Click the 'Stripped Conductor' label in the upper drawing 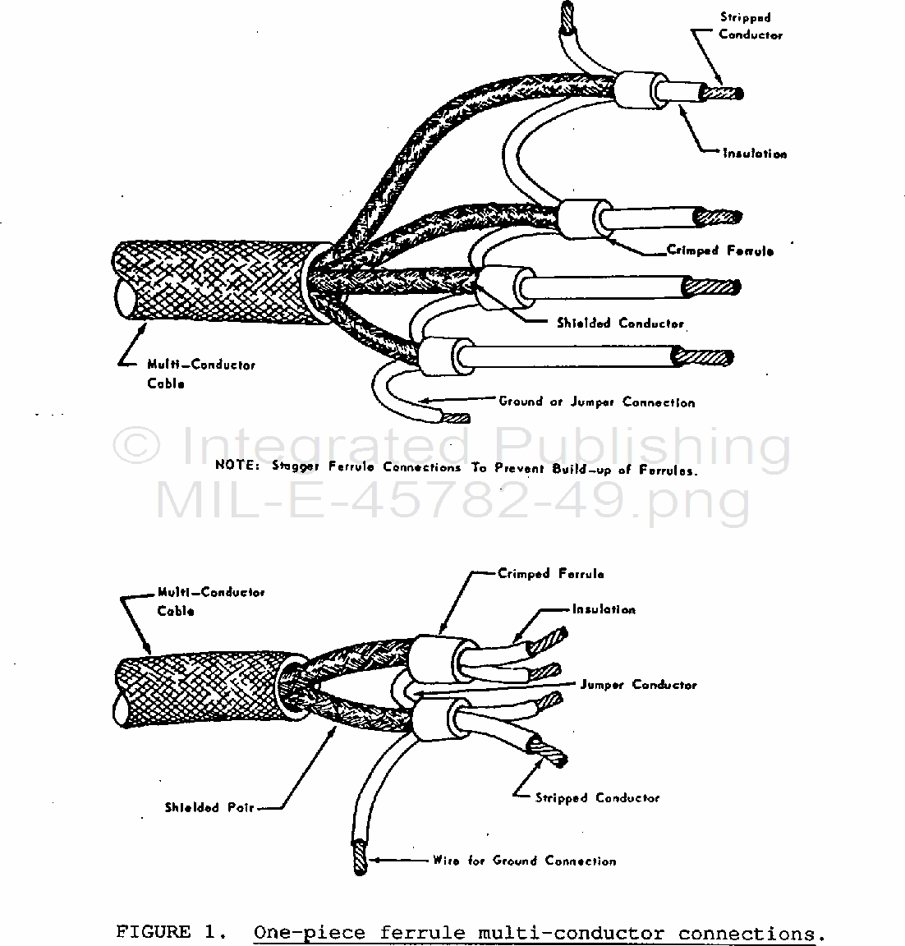[751, 26]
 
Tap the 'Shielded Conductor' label [620, 324]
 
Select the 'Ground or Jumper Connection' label [597, 402]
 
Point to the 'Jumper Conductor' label [638, 685]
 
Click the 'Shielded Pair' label [209, 807]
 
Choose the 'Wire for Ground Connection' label [524, 861]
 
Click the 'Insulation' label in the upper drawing [755, 154]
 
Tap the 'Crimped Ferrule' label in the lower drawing [551, 574]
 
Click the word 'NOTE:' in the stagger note [237, 465]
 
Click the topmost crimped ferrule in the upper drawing [640, 90]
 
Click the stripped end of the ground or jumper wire [456, 418]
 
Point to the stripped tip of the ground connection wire [360, 857]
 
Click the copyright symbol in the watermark [137, 445]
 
